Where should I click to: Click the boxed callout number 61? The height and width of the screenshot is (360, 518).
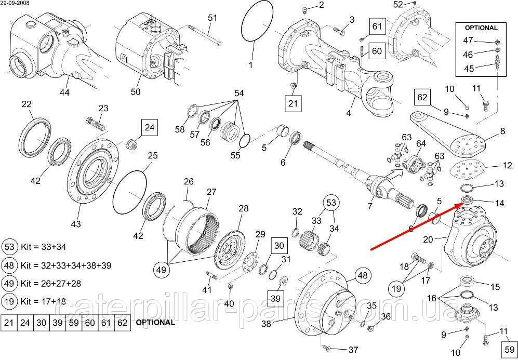377,26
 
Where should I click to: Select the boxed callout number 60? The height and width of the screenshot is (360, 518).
377,50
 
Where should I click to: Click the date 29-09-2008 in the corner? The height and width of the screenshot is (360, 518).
16,3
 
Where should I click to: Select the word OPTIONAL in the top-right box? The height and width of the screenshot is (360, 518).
481,28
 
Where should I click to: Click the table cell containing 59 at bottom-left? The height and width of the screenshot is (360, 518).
71,322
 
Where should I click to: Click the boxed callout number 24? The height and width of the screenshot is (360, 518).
149,127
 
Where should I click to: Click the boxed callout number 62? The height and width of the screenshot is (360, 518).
422,97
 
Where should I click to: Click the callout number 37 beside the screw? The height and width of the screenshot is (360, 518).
353,349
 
